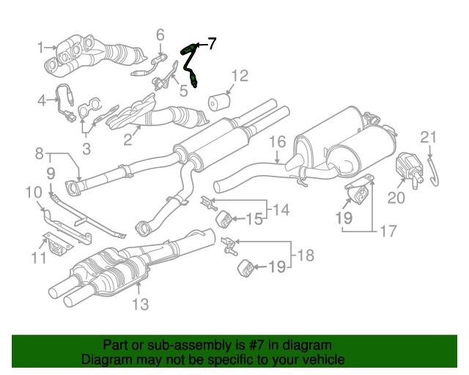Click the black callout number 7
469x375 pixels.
[212, 44]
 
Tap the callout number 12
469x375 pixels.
[240, 76]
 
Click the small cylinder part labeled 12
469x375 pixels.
[219, 103]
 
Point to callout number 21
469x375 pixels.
[429, 137]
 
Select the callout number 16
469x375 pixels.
[277, 142]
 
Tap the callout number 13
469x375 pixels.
[140, 305]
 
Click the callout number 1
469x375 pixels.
[41, 48]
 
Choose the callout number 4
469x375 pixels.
[42, 100]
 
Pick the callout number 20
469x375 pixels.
[396, 198]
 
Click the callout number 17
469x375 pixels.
[388, 231]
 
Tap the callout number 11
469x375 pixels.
[39, 258]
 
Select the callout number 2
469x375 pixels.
[128, 140]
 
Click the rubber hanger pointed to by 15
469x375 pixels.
[224, 218]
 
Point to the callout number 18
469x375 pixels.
[306, 256]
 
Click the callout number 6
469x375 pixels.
[160, 34]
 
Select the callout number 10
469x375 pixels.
[34, 193]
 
